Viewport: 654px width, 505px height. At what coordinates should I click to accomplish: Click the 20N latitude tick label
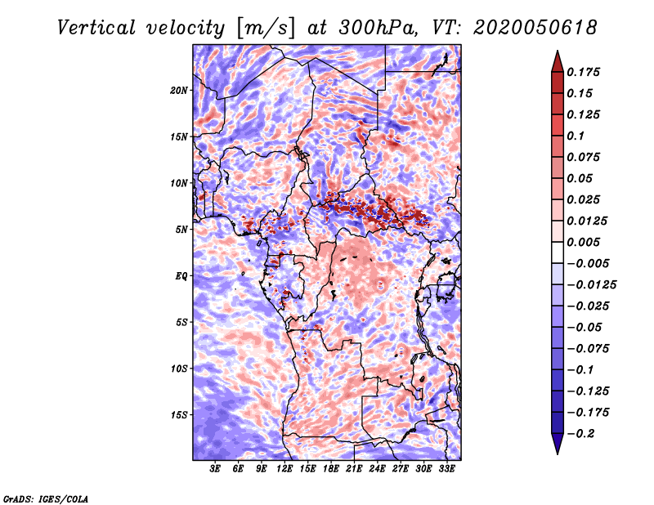(x=179, y=91)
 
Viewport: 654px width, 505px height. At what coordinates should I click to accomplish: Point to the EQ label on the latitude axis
(x=181, y=276)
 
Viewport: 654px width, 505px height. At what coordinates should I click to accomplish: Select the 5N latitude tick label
(x=181, y=230)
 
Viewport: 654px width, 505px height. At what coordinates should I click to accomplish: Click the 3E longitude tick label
(x=215, y=468)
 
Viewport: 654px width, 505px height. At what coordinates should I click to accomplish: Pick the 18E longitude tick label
(x=331, y=468)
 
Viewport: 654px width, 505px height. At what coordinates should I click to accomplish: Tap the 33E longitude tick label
(x=446, y=468)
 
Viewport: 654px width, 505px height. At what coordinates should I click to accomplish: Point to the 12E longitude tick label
(x=284, y=468)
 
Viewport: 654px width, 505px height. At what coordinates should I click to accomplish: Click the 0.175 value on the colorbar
(x=583, y=72)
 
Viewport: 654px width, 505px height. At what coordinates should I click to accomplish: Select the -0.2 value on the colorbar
(x=580, y=434)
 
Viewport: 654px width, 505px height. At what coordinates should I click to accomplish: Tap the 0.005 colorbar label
(x=583, y=242)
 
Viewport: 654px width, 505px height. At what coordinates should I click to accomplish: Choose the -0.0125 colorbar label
(x=591, y=285)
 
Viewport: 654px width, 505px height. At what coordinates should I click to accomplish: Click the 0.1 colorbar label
(x=576, y=136)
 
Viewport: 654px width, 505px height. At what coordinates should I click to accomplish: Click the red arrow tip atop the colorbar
(x=558, y=51)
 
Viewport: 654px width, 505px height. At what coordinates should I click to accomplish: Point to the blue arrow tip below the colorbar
(x=558, y=454)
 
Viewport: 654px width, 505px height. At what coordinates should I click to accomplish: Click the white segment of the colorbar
(x=558, y=252)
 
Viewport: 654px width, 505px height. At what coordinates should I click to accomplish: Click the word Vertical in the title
(x=96, y=28)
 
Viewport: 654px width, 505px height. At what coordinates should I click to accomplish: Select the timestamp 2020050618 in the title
(x=535, y=28)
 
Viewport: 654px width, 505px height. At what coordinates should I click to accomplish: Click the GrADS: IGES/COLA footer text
(x=46, y=498)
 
